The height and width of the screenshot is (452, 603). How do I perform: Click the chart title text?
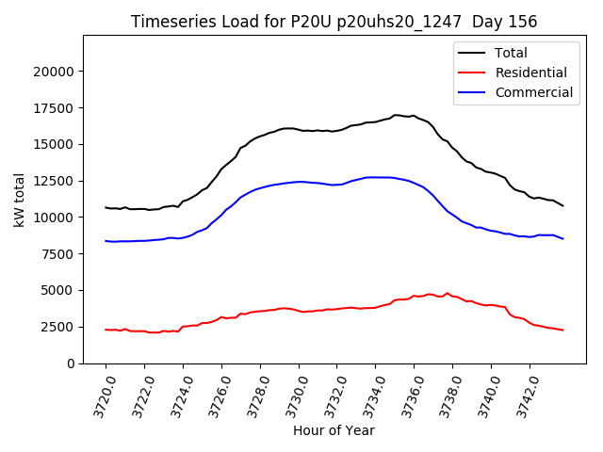click(333, 22)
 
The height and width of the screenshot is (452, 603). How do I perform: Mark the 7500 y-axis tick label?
click(59, 254)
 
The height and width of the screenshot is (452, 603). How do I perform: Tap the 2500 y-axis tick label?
click(59, 327)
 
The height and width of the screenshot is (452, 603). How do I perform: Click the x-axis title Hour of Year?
click(334, 431)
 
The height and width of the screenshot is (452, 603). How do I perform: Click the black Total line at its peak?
click(396, 115)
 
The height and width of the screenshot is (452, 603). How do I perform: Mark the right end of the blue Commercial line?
click(563, 239)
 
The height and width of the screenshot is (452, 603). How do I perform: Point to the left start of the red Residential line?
click(106, 330)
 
